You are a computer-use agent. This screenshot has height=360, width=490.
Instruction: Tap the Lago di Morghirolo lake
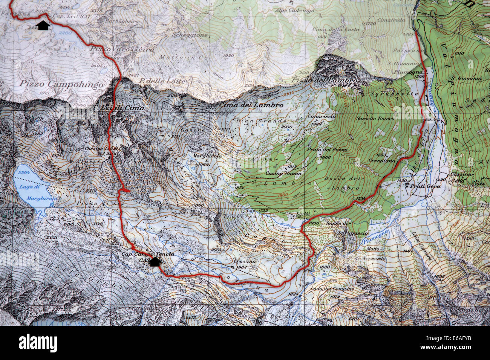[32, 185]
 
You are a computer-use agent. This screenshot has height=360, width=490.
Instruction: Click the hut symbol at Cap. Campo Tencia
[154, 262]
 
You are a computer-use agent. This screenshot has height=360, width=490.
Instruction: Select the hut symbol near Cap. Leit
[44, 26]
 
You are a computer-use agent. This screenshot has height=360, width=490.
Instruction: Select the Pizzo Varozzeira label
[122, 49]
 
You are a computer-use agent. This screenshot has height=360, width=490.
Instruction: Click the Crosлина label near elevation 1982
[244, 261]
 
